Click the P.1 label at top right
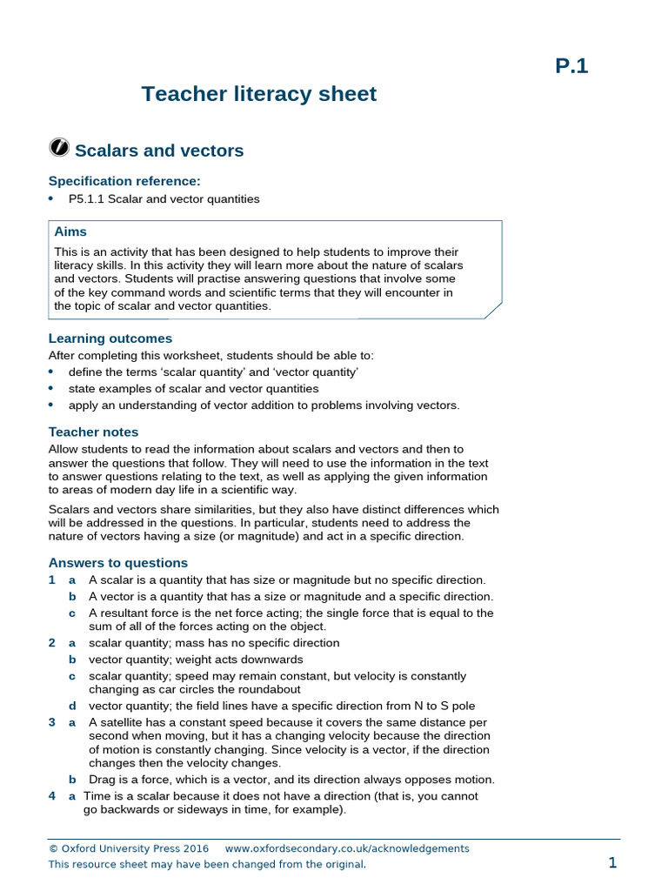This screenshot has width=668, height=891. [571, 65]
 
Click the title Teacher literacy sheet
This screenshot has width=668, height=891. [259, 94]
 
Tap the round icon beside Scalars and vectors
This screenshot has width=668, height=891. [59, 149]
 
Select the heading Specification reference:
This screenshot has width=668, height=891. [124, 181]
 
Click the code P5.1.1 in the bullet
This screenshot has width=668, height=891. [92, 199]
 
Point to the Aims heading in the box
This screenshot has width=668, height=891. [70, 231]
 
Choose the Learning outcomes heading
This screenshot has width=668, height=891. [110, 338]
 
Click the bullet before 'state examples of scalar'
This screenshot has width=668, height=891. [51, 388]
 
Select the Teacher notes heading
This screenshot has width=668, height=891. [93, 432]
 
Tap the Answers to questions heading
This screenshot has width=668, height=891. [117, 563]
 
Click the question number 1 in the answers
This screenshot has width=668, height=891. [52, 579]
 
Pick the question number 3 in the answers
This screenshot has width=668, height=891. [52, 722]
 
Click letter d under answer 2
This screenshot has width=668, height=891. [72, 706]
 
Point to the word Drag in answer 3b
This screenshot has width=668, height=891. [103, 779]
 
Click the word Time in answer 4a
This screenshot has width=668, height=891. [97, 795]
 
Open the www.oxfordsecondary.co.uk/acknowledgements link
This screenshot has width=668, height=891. [346, 848]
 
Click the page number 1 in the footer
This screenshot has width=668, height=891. [612, 862]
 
